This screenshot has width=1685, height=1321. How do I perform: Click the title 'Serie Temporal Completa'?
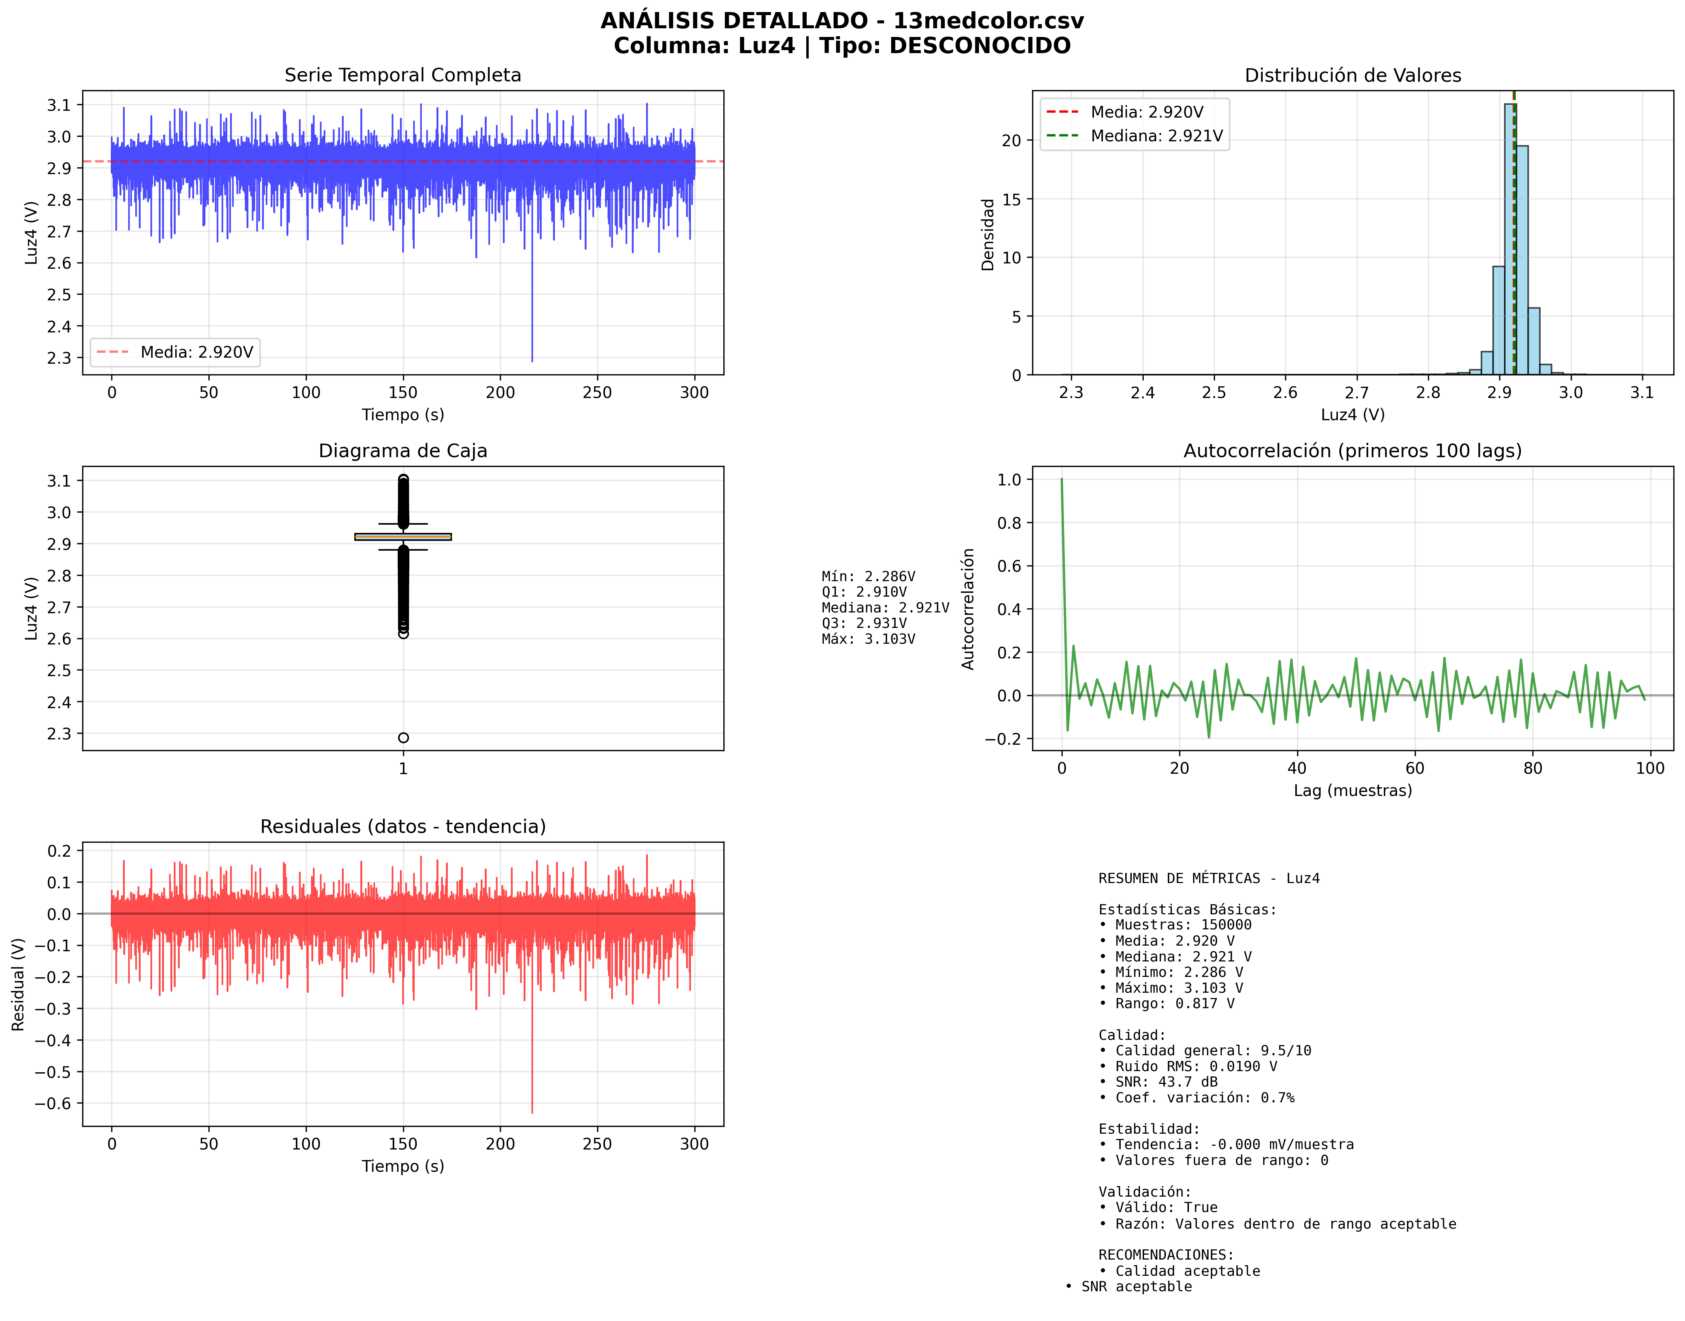[402, 75]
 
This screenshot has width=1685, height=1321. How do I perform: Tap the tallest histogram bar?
[1509, 232]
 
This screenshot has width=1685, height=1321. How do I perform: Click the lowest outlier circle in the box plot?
[403, 737]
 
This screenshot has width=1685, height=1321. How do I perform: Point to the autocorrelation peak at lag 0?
[1062, 480]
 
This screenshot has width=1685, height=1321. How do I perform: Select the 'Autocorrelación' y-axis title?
[968, 609]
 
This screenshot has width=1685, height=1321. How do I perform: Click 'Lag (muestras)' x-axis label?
[1352, 790]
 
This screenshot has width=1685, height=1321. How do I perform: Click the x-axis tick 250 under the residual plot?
[597, 1144]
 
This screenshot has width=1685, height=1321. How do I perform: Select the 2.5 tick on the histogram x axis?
[1214, 393]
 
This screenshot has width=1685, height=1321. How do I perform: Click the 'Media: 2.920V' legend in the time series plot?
[175, 353]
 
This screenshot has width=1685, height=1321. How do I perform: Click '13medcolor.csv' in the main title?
[988, 21]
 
